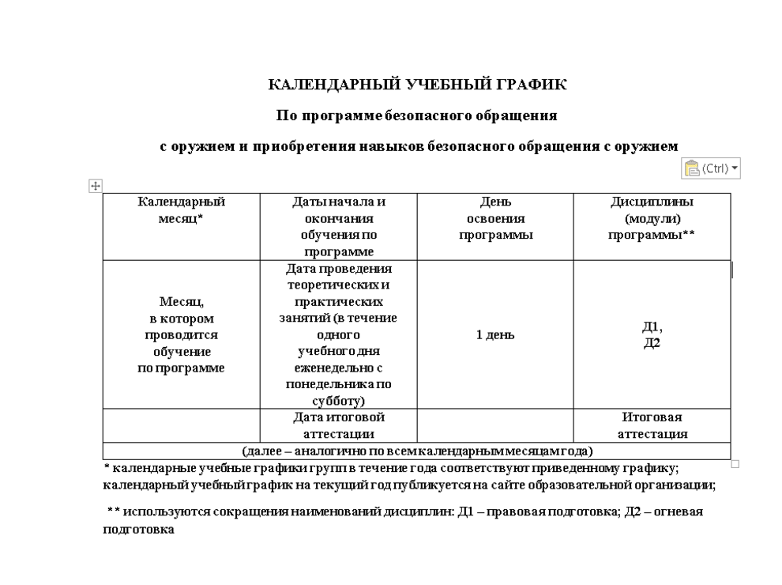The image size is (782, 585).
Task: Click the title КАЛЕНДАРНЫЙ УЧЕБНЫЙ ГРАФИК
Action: [x=418, y=85]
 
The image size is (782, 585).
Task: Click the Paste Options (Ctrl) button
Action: [x=711, y=168]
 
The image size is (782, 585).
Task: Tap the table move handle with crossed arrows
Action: [x=95, y=186]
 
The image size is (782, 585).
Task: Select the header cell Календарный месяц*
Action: [x=181, y=210]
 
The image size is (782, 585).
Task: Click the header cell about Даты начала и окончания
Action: [x=337, y=226]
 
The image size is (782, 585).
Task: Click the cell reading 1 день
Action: [x=494, y=334]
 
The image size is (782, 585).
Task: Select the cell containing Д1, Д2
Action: [x=651, y=334]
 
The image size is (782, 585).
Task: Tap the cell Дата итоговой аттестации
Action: [x=337, y=425]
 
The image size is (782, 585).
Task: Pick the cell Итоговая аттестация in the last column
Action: [x=651, y=425]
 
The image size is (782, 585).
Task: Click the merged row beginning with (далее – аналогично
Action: [x=417, y=451]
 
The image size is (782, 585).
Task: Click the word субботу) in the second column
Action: [x=338, y=401]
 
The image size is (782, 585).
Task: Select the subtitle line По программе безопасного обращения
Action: [x=417, y=115]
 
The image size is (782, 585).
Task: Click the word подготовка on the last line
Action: [x=138, y=531]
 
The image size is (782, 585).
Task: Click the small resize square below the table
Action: [x=735, y=464]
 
